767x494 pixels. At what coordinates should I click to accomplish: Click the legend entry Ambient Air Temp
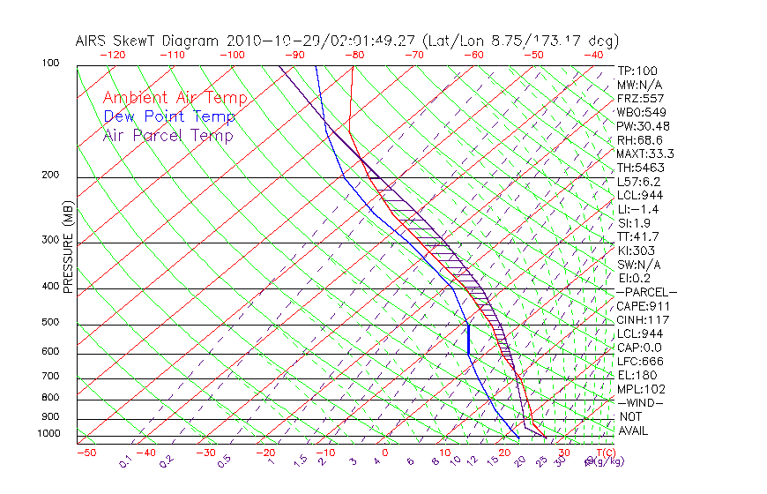point(175,98)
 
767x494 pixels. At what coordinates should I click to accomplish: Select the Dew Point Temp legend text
point(169,116)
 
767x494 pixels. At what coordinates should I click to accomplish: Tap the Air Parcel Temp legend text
point(168,135)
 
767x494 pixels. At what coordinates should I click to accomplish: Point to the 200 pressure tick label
point(51,175)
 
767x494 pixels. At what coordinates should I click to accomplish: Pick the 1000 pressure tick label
point(48,434)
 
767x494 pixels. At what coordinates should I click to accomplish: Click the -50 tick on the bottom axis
point(86,453)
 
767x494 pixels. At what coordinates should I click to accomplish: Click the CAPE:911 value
point(644,306)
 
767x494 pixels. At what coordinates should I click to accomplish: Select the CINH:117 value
point(644,319)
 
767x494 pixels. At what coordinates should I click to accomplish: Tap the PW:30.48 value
point(644,126)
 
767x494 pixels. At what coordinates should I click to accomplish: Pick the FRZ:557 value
point(641,98)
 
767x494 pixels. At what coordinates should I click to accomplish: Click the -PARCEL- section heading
point(646,292)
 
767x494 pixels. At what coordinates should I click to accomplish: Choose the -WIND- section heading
point(641,402)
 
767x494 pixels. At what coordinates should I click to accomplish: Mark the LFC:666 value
point(641,361)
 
